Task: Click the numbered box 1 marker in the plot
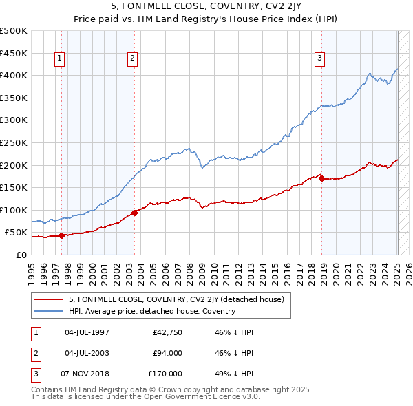[61, 59]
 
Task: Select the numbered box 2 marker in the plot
[131, 59]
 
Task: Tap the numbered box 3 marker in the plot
[320, 59]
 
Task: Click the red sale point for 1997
[61, 235]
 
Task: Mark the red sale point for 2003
[134, 213]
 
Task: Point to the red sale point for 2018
[322, 178]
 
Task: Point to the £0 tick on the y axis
[21, 255]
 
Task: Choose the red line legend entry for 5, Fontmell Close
[180, 299]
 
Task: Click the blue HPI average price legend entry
[151, 311]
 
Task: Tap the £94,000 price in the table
[167, 354]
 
